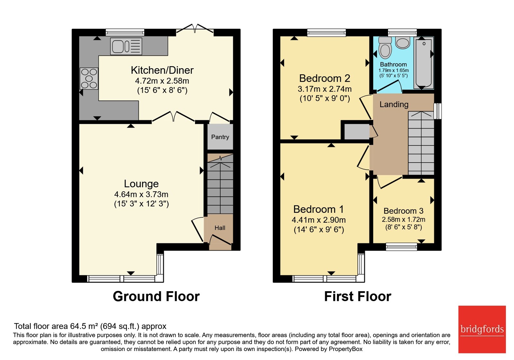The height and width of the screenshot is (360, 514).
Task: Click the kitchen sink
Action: (126, 46)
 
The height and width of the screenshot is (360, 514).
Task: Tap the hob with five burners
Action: (89, 78)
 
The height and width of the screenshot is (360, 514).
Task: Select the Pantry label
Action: (220, 137)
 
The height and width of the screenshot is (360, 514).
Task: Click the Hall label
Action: (220, 228)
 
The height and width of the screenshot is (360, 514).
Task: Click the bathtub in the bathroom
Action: (424, 63)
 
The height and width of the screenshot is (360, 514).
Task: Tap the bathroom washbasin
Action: (403, 43)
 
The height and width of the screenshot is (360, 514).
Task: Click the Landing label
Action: (394, 105)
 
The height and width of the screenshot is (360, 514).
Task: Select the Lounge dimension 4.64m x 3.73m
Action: (141, 194)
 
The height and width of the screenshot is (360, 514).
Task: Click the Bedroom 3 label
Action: (403, 211)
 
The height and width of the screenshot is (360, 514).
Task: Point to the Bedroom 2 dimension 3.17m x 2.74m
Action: (325, 89)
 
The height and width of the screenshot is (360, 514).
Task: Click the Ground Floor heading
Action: (156, 296)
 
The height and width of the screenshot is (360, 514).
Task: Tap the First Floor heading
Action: (358, 296)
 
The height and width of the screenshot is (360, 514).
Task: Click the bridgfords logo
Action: (482, 329)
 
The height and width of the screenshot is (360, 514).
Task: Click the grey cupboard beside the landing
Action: (357, 131)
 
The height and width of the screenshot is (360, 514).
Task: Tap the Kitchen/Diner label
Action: (162, 70)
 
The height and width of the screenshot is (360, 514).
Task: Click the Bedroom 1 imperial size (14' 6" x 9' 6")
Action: (319, 230)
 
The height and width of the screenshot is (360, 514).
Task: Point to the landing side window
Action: (438, 111)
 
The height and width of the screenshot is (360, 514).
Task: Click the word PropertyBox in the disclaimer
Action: (346, 349)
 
